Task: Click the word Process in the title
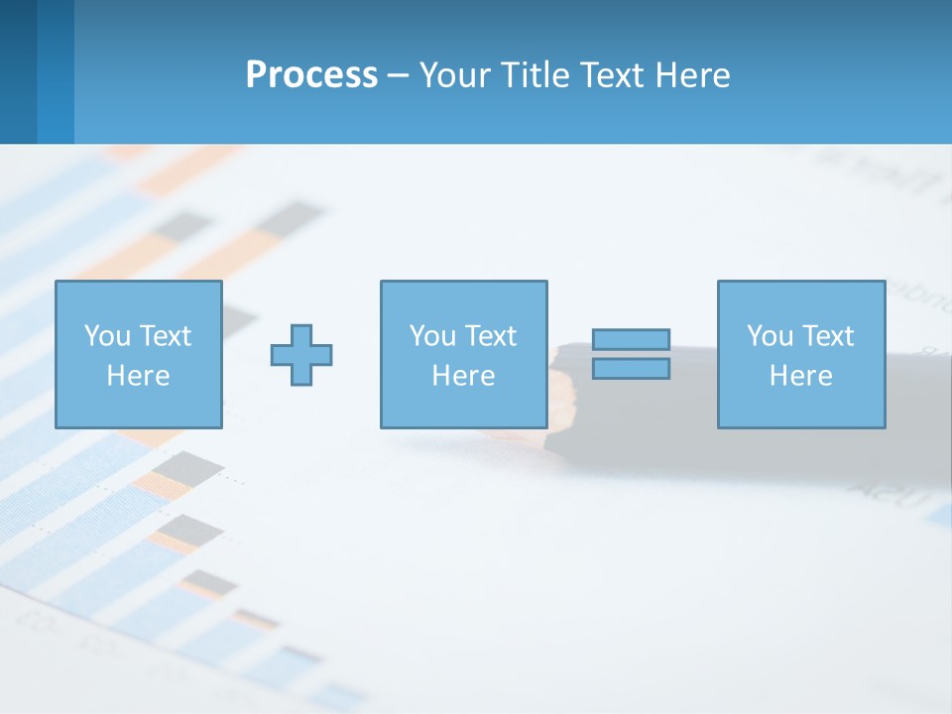coord(311,75)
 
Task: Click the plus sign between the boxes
coord(301,355)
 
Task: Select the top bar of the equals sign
coord(631,340)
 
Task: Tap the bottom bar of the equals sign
coord(631,368)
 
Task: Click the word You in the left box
coord(107,336)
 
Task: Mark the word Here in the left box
coord(138,376)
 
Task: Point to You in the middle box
coord(432,336)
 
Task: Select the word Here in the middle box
coord(463,376)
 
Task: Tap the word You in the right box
coord(770,336)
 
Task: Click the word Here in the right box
coord(800,376)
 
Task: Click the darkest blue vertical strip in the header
coord(18,71)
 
